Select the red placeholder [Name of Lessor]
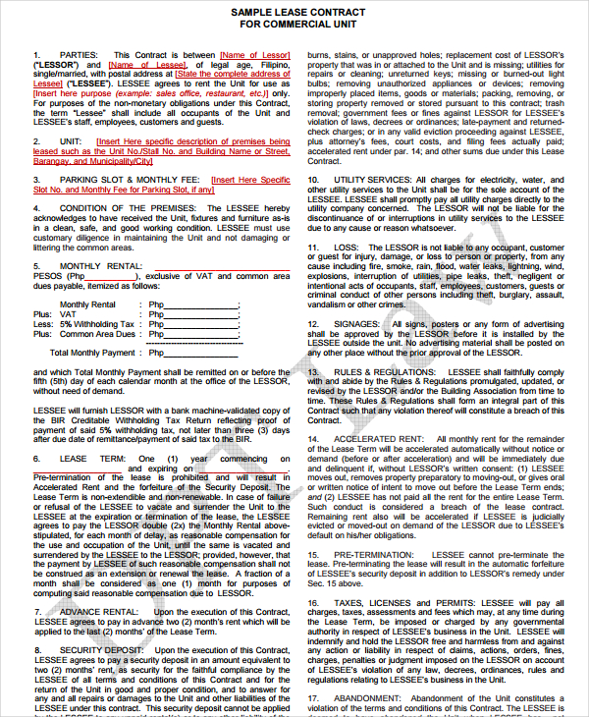[x=255, y=54]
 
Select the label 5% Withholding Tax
[x=97, y=323]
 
